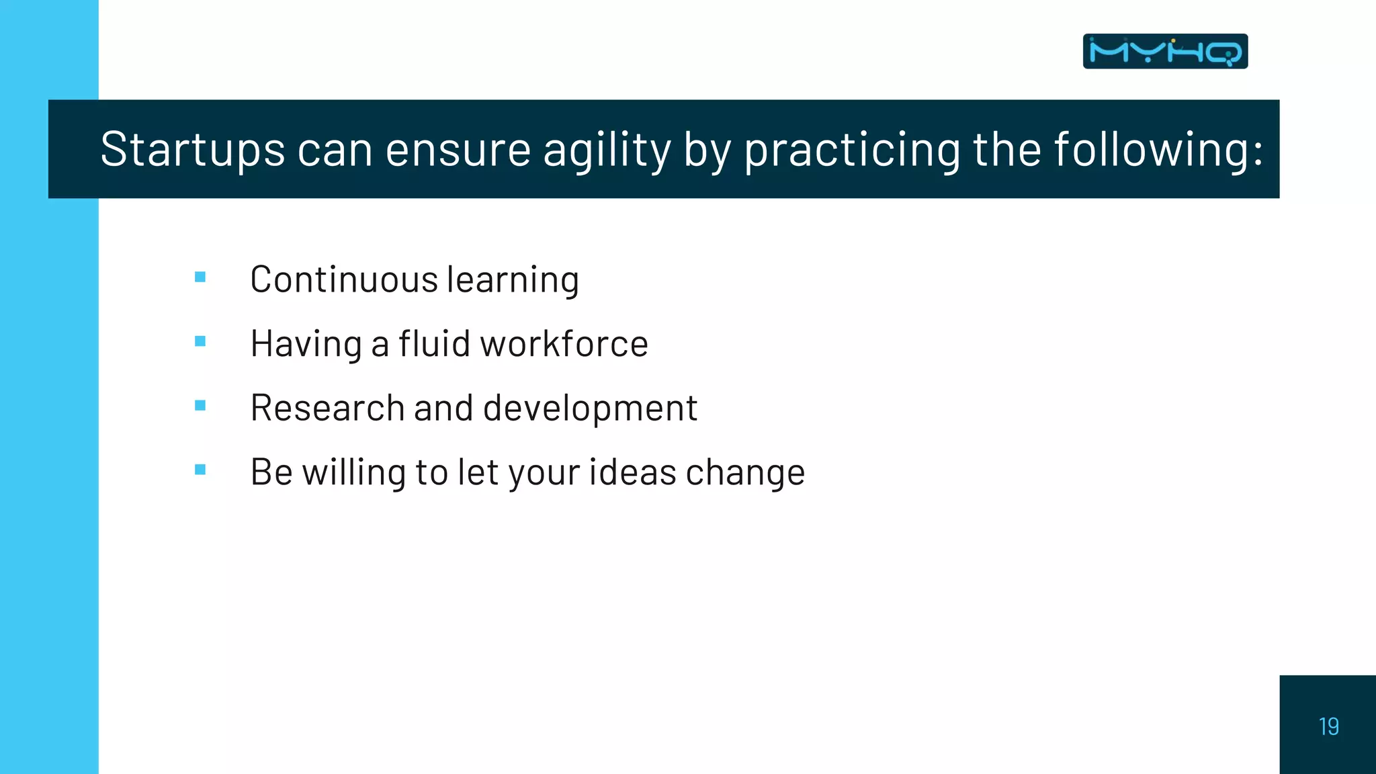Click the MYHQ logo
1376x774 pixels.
click(x=1165, y=51)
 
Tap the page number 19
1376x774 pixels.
click(x=1328, y=726)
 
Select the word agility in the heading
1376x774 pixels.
click(x=607, y=149)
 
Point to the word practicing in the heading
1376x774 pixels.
click(x=852, y=149)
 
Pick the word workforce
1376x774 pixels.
click(x=564, y=343)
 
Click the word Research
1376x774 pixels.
click(x=327, y=408)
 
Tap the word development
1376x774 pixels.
click(x=590, y=408)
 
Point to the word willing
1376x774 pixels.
click(x=354, y=472)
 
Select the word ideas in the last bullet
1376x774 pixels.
click(x=632, y=472)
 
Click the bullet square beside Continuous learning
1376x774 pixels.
click(x=200, y=277)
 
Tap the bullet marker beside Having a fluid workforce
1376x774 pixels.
click(x=200, y=341)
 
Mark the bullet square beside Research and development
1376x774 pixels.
click(x=200, y=405)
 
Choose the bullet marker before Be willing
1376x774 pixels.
click(x=200, y=470)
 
